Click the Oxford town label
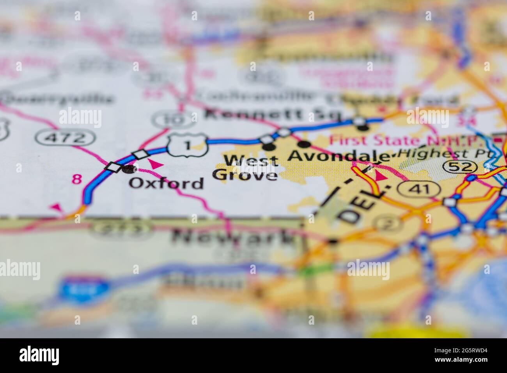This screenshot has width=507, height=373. tap(167, 183)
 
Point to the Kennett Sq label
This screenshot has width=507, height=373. tap(273, 115)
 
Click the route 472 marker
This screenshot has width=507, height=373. tap(65, 137)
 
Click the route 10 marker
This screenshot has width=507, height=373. tap(173, 119)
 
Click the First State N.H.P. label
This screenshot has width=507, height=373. tap(408, 140)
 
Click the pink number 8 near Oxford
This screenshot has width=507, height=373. tap(77, 179)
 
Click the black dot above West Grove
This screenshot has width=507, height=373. tap(269, 147)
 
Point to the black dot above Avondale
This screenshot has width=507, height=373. tap(305, 144)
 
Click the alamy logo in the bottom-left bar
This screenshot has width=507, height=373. tap(39, 355)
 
